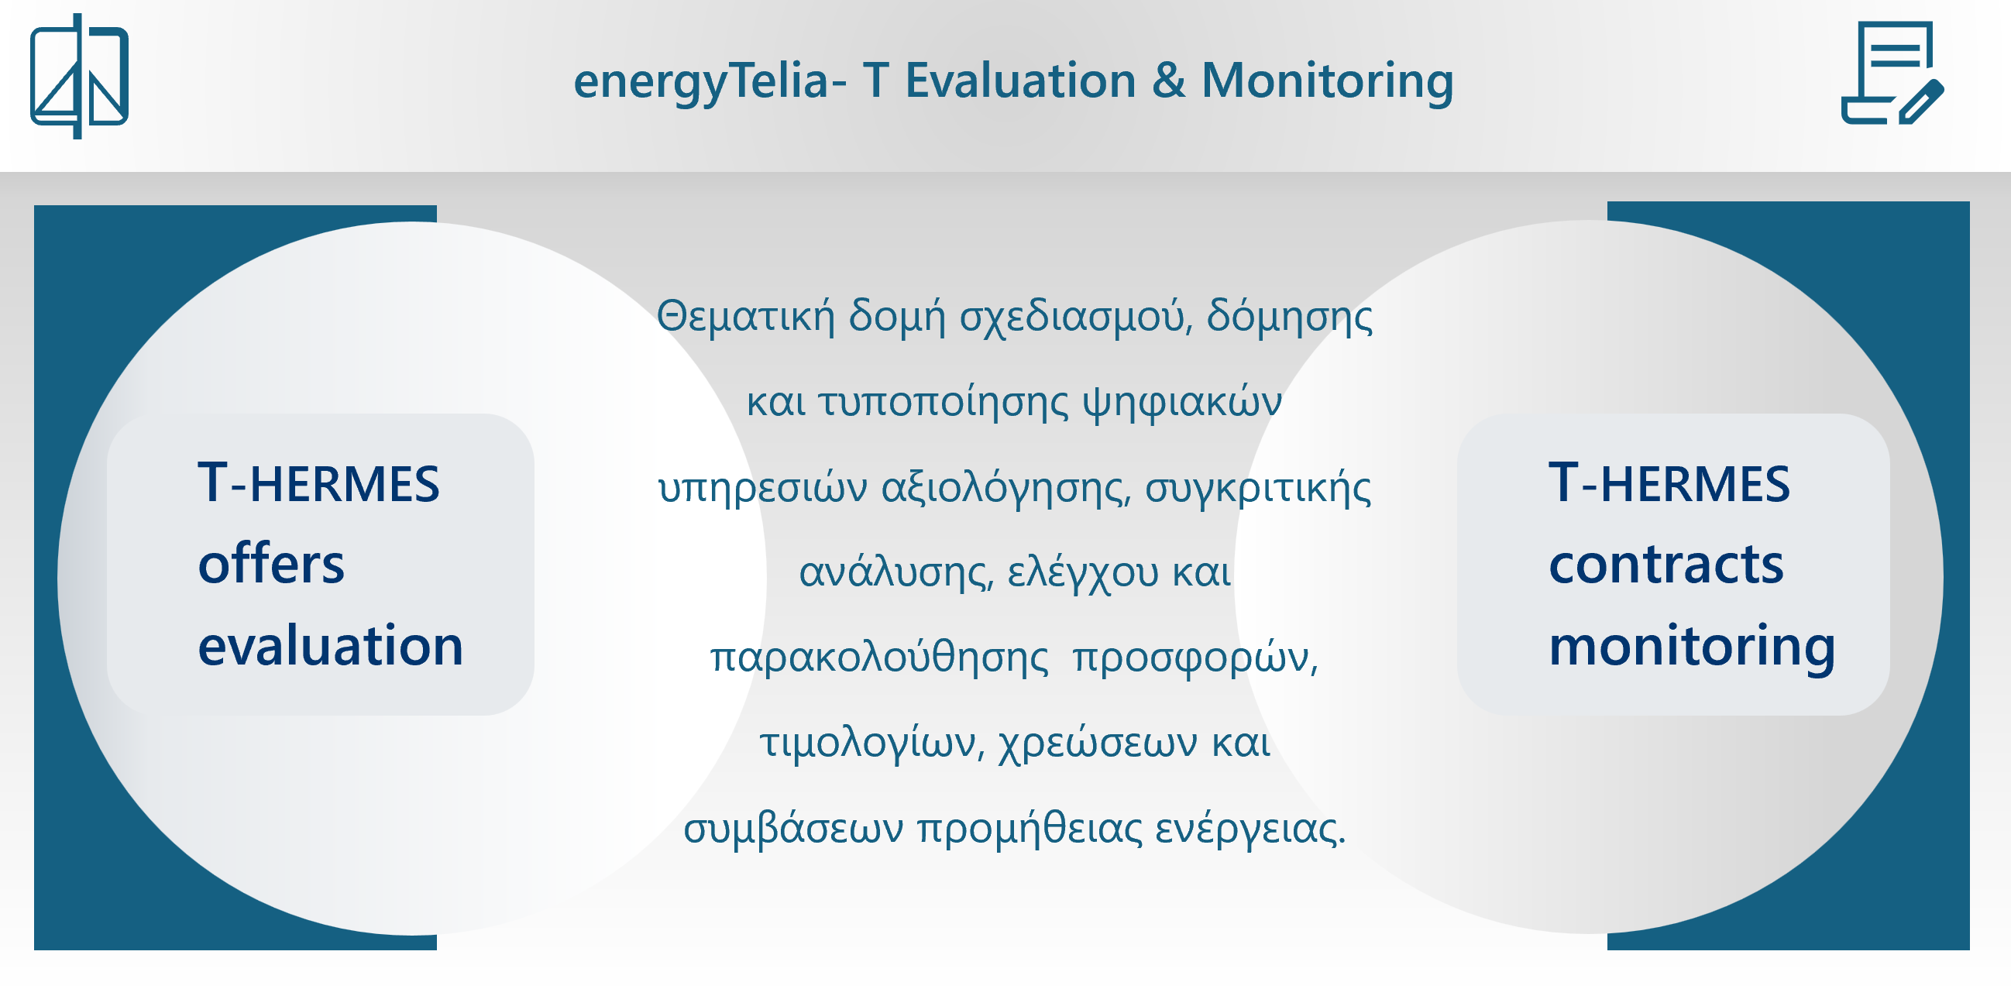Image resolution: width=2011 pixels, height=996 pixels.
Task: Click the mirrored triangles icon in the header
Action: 79,76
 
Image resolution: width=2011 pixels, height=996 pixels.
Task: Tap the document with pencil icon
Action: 1892,73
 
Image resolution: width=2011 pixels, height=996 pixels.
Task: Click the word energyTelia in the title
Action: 701,82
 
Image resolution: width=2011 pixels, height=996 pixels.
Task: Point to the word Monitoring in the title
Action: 1327,82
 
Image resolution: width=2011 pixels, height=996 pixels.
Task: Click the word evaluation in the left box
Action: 330,645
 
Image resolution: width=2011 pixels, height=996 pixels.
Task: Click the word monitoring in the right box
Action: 1692,647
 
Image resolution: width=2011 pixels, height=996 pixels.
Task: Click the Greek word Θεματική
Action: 745,317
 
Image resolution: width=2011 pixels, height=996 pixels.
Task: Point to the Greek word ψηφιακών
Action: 1182,403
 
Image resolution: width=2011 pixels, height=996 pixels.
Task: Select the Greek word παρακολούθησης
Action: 879,658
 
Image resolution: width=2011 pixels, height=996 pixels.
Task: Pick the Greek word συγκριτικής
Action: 1258,489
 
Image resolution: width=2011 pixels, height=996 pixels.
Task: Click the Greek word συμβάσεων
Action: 793,827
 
